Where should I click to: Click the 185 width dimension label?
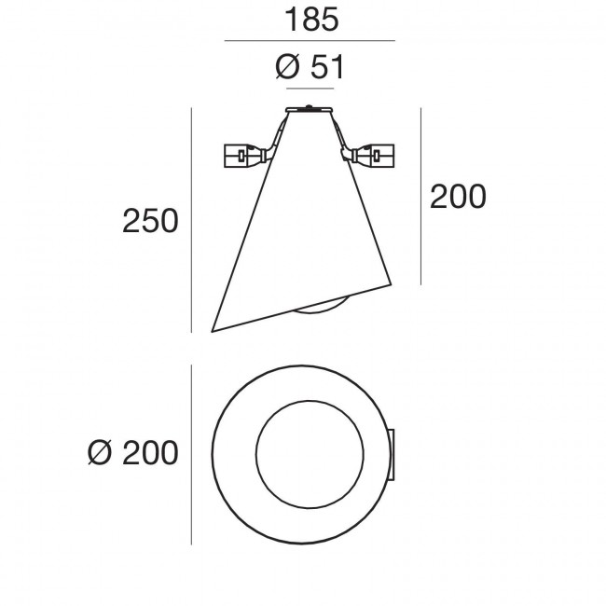(x=310, y=21)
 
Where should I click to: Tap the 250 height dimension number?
(x=150, y=222)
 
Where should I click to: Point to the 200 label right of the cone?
(x=458, y=197)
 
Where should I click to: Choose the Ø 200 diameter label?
(x=131, y=453)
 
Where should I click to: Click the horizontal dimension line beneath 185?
(x=310, y=41)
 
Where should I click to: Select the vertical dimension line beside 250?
(x=191, y=220)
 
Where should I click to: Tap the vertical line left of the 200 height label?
(x=422, y=197)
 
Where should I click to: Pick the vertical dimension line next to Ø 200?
(x=191, y=454)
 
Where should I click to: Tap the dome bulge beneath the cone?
(x=323, y=309)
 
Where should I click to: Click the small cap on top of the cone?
(x=310, y=110)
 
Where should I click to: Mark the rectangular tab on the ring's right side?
(x=393, y=453)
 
